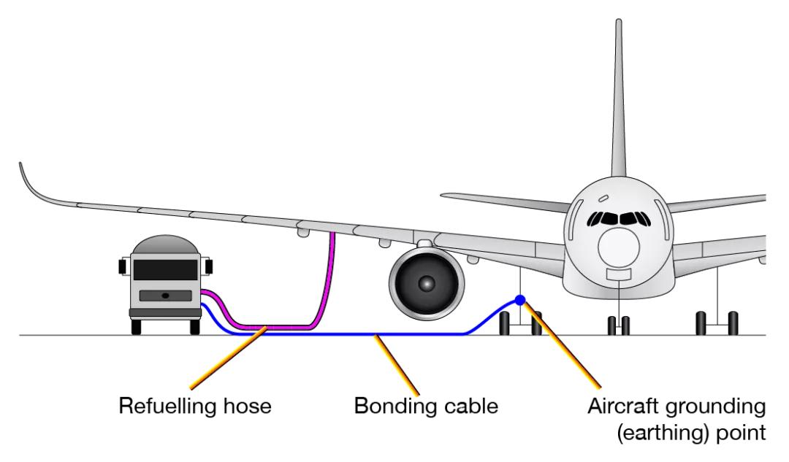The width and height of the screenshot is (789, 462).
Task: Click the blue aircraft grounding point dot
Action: click(519, 299)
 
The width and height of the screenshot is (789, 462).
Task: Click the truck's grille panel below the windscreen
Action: click(165, 295)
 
